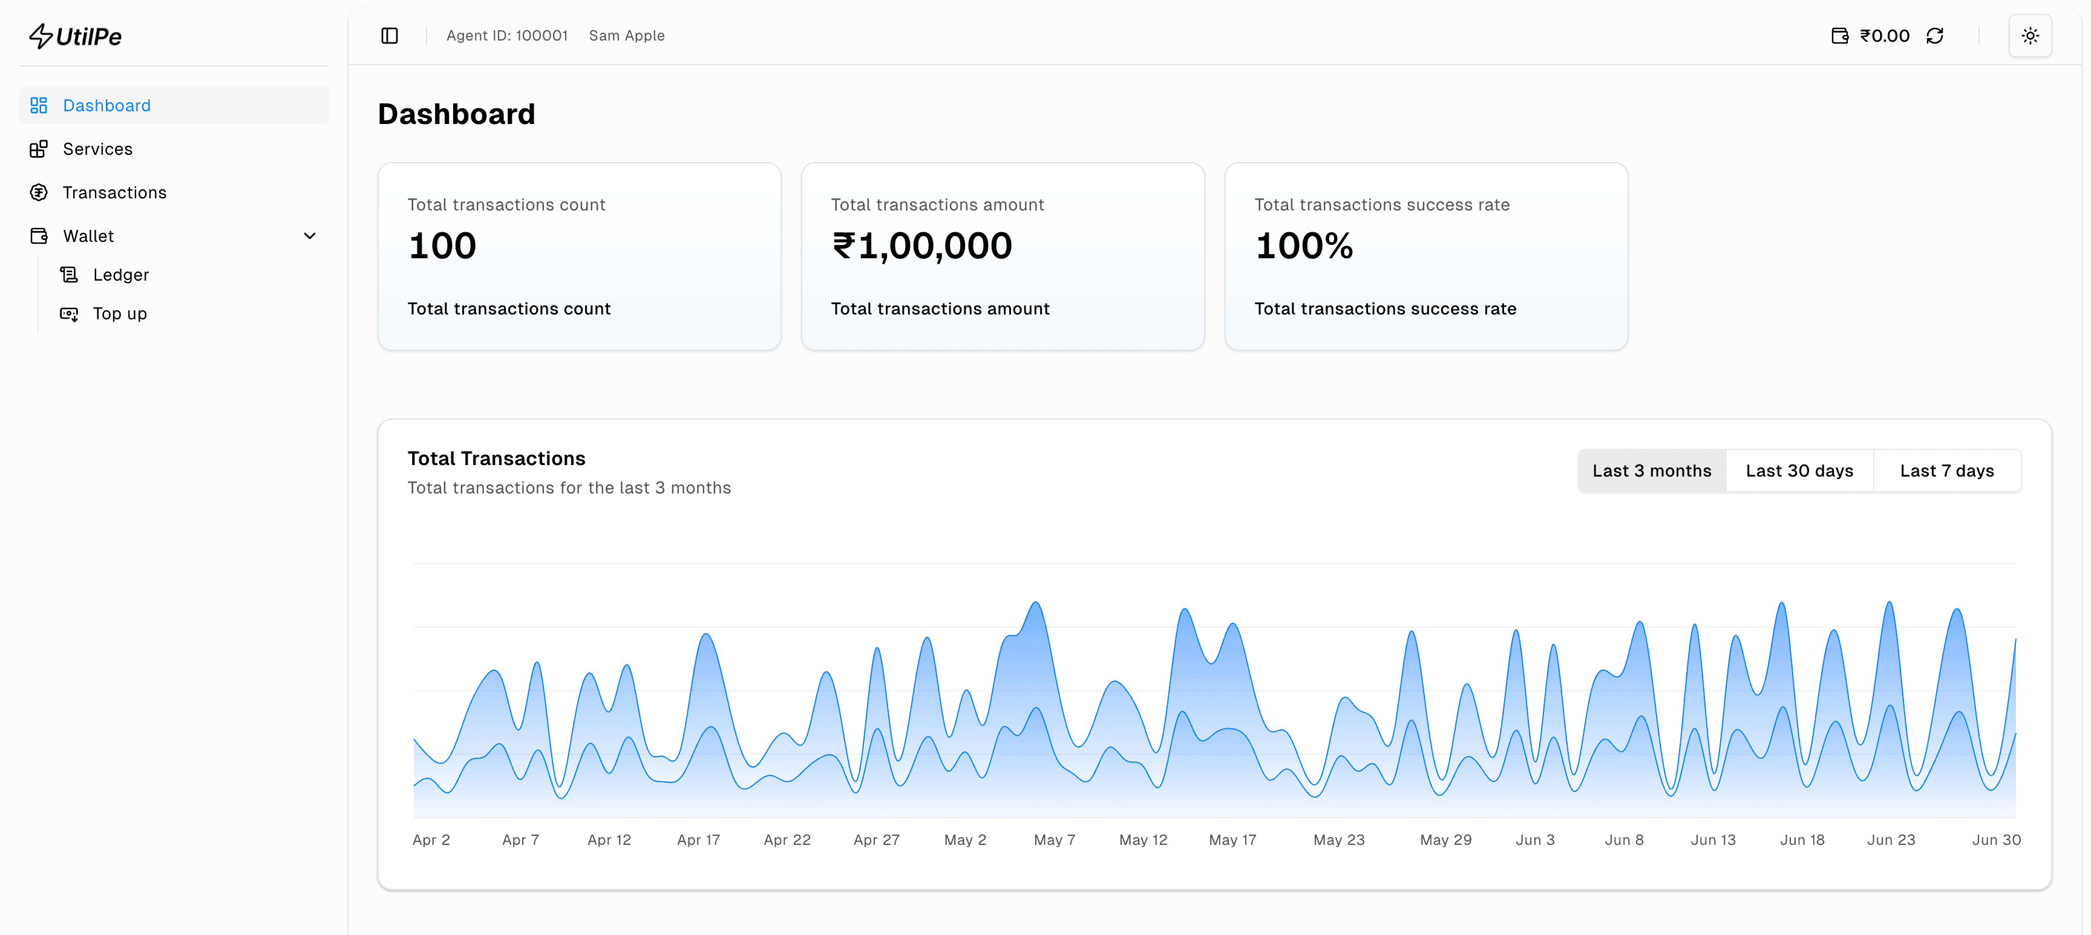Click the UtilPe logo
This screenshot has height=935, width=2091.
(x=76, y=36)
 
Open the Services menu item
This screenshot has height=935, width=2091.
(x=97, y=149)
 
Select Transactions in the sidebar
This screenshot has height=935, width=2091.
(x=114, y=192)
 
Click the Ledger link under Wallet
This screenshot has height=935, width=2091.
(x=120, y=275)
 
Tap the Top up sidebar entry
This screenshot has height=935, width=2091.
(x=119, y=314)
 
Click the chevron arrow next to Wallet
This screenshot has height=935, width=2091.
(x=309, y=236)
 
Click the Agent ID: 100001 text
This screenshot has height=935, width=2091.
(x=506, y=36)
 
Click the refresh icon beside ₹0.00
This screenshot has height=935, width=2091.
(x=1934, y=36)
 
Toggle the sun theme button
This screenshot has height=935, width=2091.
(x=2029, y=36)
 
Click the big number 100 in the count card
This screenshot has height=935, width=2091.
(x=442, y=246)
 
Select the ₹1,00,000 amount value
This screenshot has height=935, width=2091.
(x=922, y=246)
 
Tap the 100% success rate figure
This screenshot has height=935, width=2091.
(x=1304, y=246)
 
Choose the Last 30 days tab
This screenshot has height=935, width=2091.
(x=1799, y=471)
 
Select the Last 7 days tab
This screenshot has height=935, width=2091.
(x=1946, y=471)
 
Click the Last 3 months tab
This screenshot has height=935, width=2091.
(x=1651, y=471)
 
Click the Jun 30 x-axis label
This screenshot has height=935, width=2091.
(x=1996, y=840)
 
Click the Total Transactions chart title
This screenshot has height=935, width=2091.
(x=496, y=458)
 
